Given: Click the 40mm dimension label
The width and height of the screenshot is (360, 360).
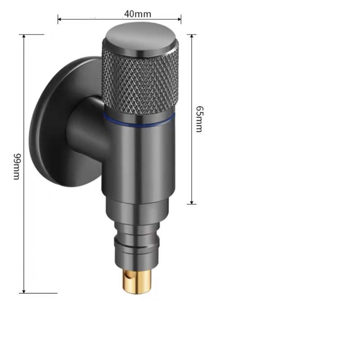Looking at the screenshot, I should (137, 13).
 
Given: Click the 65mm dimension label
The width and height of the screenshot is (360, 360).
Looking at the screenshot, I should (198, 119).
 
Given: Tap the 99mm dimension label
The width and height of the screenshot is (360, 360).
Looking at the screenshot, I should (16, 166).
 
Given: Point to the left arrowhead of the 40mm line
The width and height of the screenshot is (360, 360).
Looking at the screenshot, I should (59, 19).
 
